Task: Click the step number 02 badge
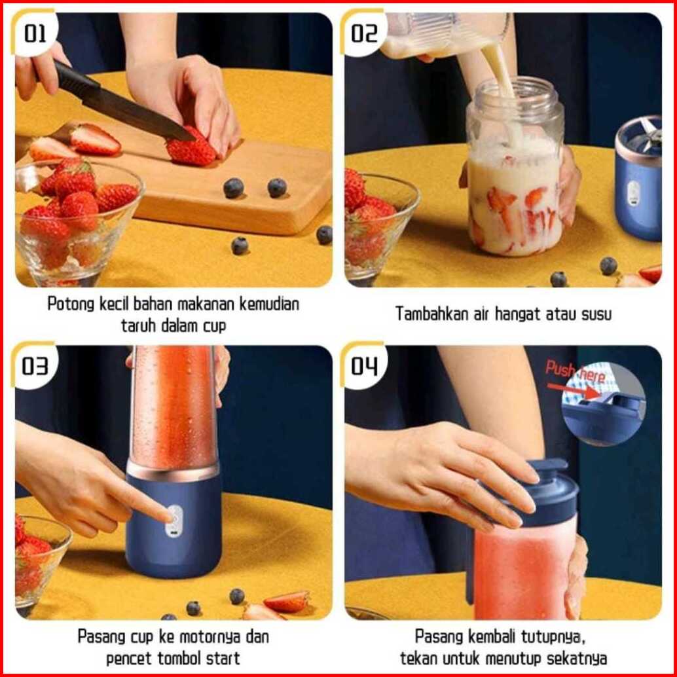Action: (363, 33)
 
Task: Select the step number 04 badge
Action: (363, 366)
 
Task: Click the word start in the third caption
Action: (223, 659)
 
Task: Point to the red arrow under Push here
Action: (574, 390)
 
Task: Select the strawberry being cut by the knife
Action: (192, 147)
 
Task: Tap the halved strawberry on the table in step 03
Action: (287, 602)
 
